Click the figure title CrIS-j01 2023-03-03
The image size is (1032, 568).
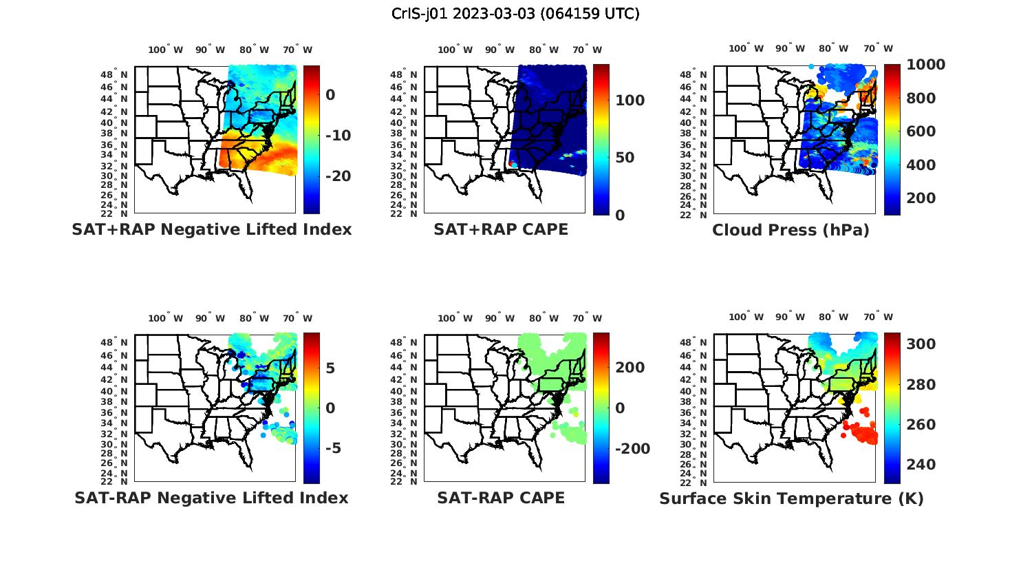(x=515, y=13)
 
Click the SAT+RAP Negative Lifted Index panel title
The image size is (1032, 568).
(x=211, y=229)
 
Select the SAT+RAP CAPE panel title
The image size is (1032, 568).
(x=501, y=229)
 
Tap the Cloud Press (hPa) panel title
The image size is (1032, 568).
(x=791, y=230)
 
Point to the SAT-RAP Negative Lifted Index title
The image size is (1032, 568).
(x=211, y=498)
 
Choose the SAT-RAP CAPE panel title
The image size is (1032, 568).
(x=501, y=498)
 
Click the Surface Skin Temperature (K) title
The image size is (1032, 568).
(x=791, y=498)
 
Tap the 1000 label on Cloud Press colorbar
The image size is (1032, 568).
(x=925, y=65)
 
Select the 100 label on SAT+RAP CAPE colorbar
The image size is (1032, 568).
(x=630, y=101)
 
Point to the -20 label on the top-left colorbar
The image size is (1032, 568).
(x=338, y=176)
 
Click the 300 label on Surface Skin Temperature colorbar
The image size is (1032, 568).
(x=921, y=344)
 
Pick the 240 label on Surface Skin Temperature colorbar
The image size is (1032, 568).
(x=921, y=465)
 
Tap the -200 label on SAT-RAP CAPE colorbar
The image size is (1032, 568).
(x=632, y=449)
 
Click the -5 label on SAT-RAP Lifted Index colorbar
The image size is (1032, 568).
(x=333, y=448)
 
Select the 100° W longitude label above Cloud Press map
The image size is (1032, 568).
(x=746, y=49)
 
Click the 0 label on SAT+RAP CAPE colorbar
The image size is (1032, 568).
(x=620, y=215)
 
